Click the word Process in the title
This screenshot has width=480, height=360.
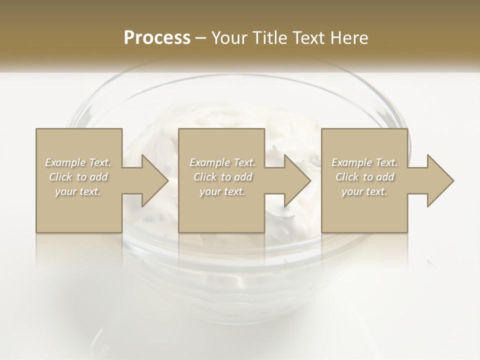[157, 37]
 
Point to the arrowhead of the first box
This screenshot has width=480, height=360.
[155, 180]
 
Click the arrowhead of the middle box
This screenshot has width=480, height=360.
[297, 180]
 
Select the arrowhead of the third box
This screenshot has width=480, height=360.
[440, 180]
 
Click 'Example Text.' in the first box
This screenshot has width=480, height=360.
[78, 162]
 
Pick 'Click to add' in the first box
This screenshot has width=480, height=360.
[78, 177]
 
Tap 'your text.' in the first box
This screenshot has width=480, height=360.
[78, 191]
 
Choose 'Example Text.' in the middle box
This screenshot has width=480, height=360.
[222, 162]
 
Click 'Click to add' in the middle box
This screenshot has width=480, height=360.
[222, 177]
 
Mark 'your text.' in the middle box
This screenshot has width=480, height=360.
[222, 191]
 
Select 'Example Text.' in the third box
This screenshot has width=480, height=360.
[364, 162]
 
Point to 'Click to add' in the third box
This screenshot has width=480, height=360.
[364, 177]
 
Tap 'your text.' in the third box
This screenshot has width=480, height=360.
[364, 191]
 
